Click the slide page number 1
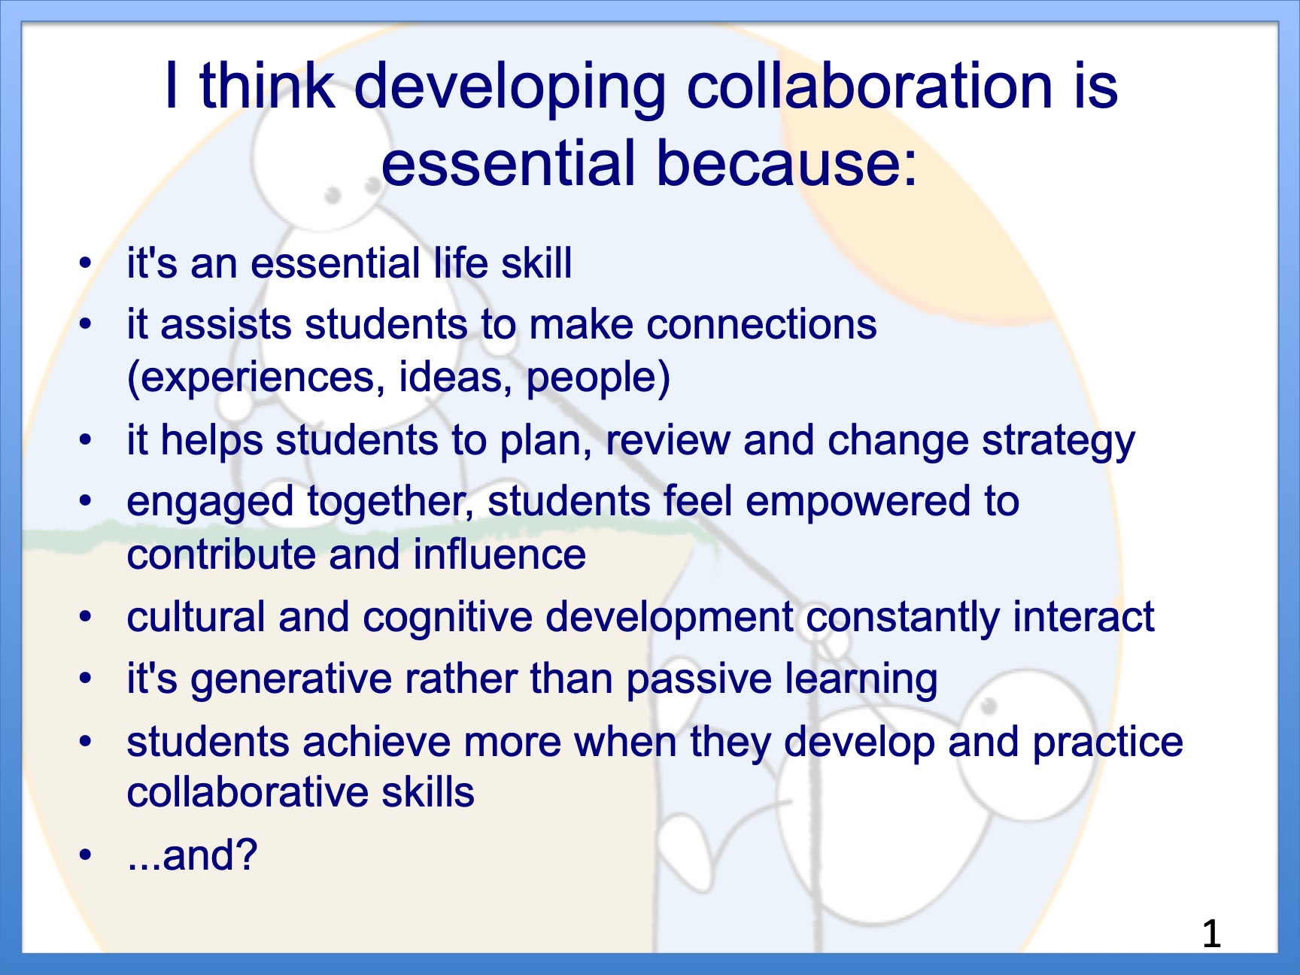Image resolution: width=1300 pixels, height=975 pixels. pyautogui.click(x=1211, y=934)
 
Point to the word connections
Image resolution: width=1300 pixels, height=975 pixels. pyautogui.click(x=761, y=325)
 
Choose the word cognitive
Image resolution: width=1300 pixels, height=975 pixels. pyautogui.click(x=448, y=618)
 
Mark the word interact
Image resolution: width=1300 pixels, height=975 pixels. pyautogui.click(x=1083, y=618)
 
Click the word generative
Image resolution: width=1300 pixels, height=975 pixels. pyautogui.click(x=291, y=680)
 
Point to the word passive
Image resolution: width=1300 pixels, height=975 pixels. pyautogui.click(x=699, y=680)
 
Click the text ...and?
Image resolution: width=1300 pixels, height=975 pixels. pyautogui.click(x=193, y=855)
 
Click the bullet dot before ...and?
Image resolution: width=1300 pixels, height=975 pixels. pyautogui.click(x=86, y=855)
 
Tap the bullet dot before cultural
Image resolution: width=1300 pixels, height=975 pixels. pyautogui.click(x=86, y=618)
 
